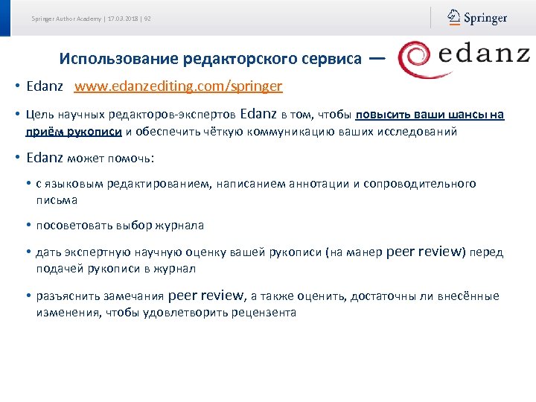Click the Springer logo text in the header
[485, 17]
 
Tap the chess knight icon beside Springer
[454, 17]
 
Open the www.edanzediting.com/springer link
[178, 86]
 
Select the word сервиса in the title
[334, 58]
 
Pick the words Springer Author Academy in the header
[66, 19]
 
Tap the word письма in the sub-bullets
[57, 200]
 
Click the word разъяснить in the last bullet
[68, 296]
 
